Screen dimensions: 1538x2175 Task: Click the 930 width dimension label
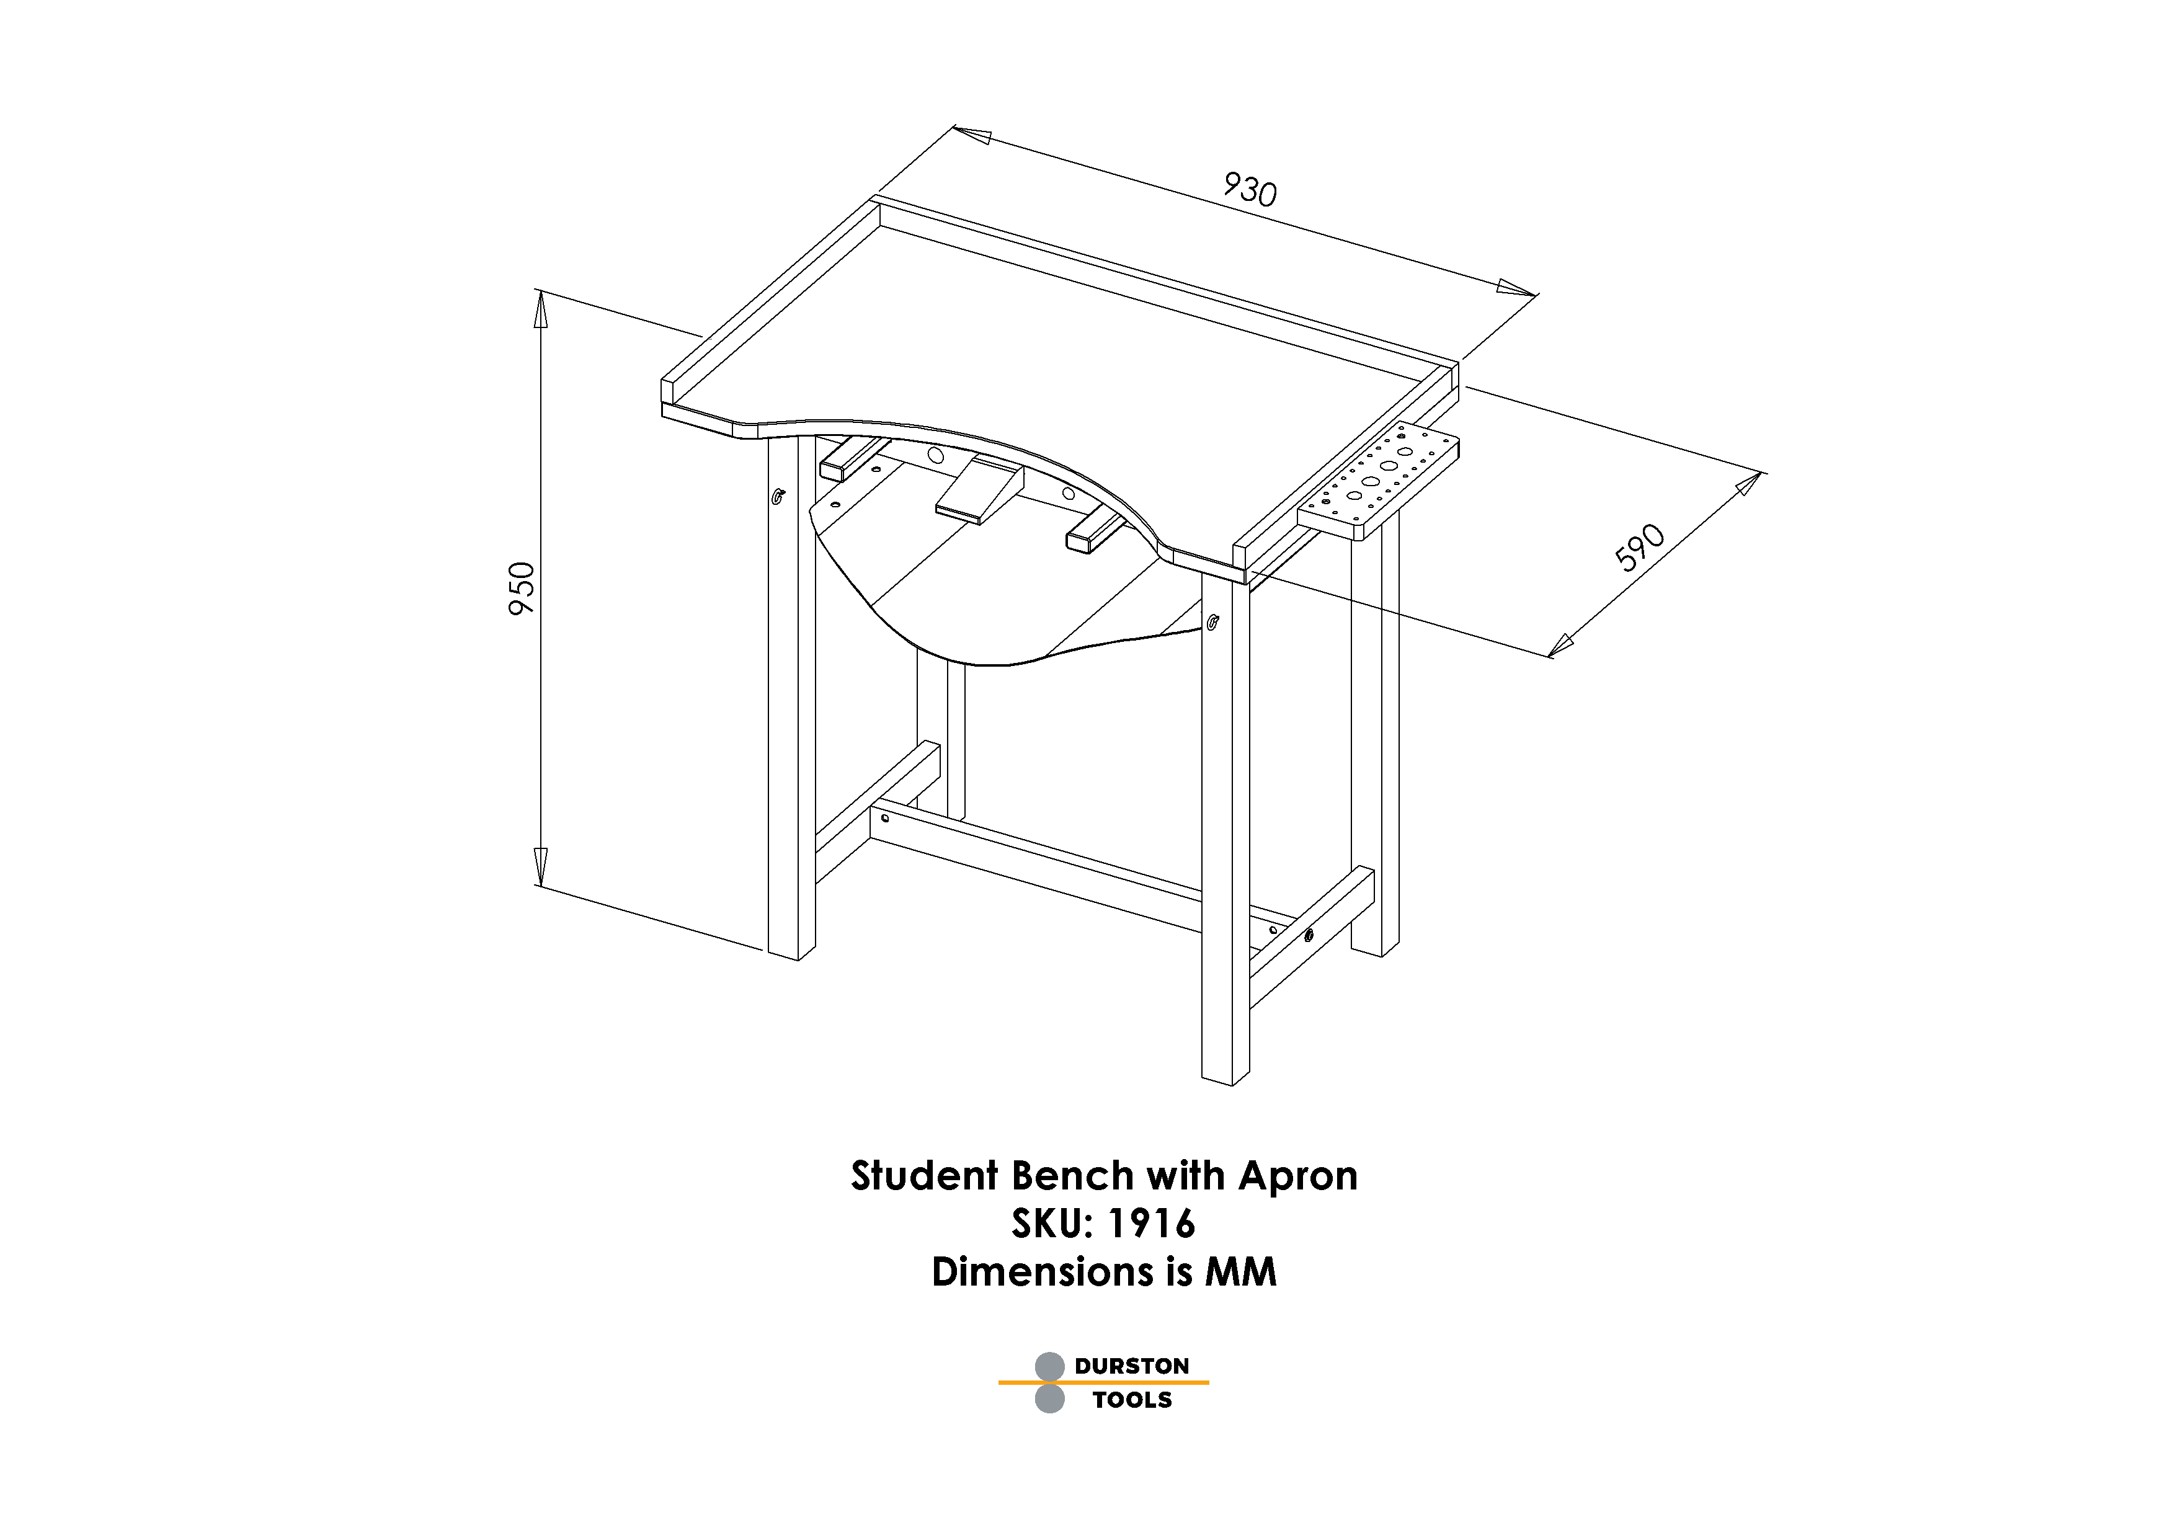[x=1250, y=189]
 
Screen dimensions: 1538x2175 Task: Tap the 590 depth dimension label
[x=1639, y=548]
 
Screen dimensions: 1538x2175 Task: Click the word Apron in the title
[x=1298, y=1176]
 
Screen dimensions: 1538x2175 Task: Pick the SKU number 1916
[x=1150, y=1224]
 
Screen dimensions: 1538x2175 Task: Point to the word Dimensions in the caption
[x=1041, y=1272]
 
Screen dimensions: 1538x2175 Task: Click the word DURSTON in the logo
[x=1131, y=1366]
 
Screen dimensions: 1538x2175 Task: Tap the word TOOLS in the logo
[x=1132, y=1400]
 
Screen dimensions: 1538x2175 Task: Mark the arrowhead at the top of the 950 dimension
[x=541, y=308]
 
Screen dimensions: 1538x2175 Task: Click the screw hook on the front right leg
[x=1214, y=621]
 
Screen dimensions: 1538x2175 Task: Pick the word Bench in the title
[x=1072, y=1176]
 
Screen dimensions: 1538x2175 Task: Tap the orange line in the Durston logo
[x=1103, y=1383]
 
